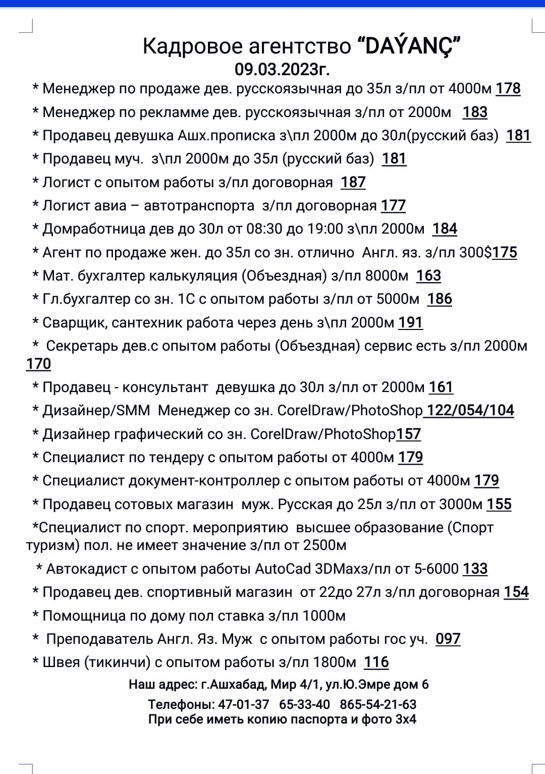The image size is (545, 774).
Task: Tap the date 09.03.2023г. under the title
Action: [282, 69]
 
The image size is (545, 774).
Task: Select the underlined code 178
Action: [508, 89]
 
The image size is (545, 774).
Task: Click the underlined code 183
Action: [475, 112]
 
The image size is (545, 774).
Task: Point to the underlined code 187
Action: [353, 182]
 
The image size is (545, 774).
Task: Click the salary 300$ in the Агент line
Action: [475, 252]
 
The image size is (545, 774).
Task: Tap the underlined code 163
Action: [428, 275]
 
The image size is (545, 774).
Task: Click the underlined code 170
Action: [38, 364]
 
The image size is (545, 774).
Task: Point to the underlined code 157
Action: [408, 434]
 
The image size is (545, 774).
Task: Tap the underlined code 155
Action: [499, 504]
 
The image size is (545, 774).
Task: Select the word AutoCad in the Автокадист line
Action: [283, 569]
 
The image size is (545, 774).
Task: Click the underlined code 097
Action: [448, 639]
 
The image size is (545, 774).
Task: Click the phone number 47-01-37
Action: [244, 704]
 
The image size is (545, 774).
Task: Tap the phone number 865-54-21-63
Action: [378, 704]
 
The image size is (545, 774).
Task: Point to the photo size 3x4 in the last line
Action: [406, 720]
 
